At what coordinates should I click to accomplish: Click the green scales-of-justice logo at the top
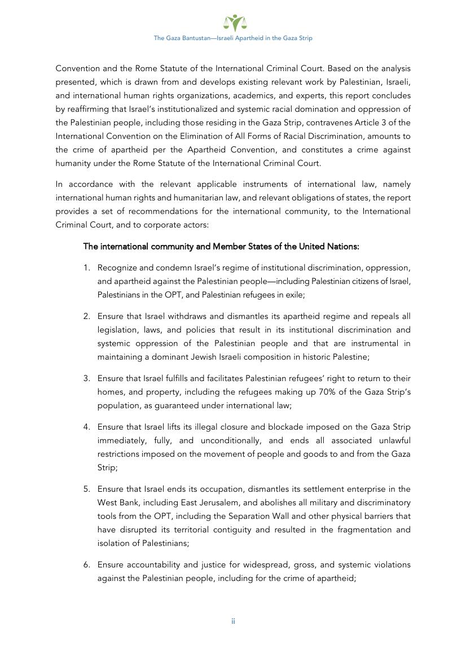(233, 23)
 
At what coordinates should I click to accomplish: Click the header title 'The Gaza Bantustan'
(233, 38)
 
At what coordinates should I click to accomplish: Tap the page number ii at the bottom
(233, 621)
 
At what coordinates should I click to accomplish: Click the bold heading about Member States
(221, 247)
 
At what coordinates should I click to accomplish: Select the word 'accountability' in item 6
(151, 565)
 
